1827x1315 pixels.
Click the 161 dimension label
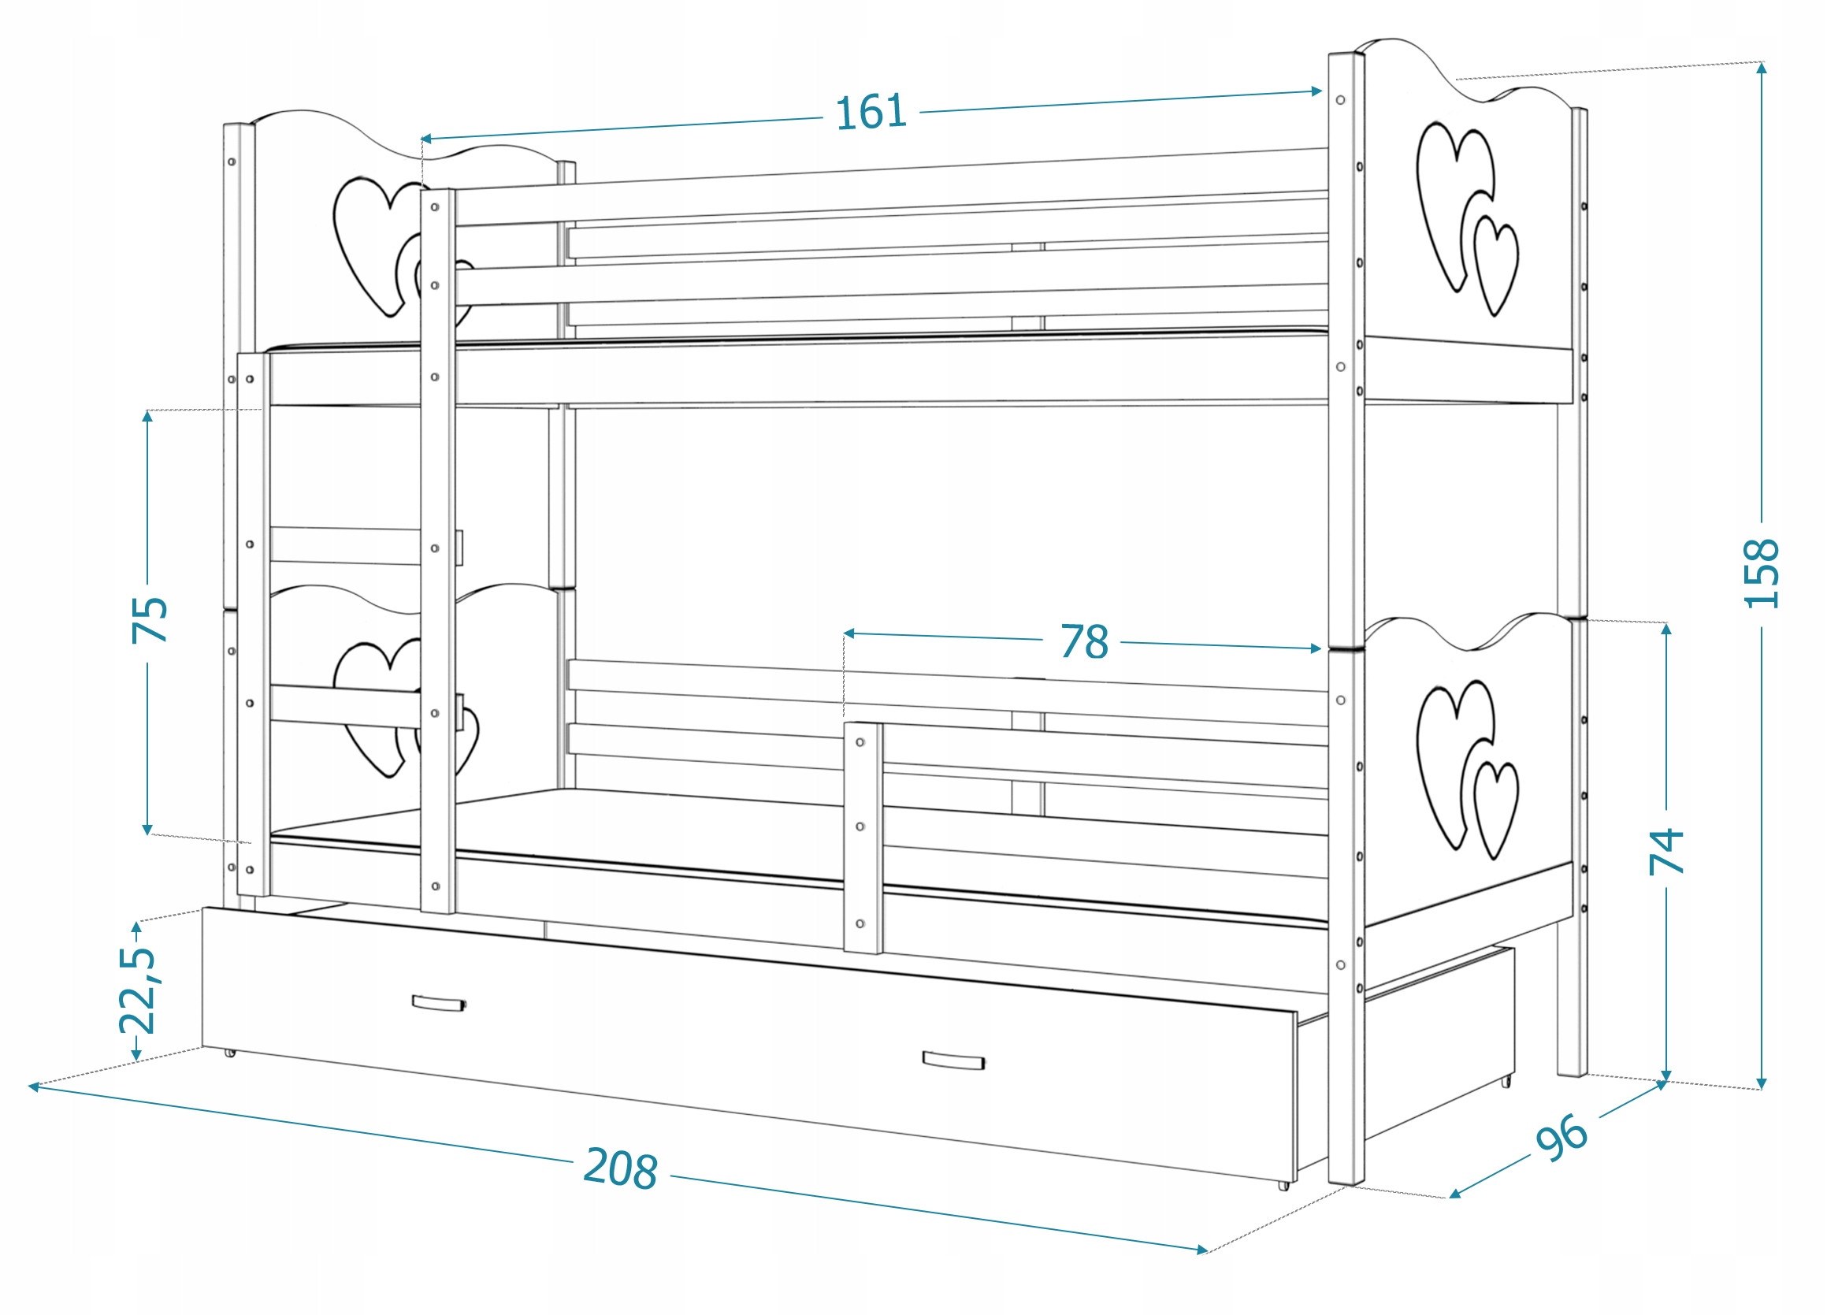click(x=871, y=112)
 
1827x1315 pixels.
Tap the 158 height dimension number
click(x=1761, y=573)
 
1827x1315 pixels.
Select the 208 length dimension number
click(x=620, y=1168)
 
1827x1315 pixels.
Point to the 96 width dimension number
click(x=1562, y=1137)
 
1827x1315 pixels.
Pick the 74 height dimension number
click(x=1666, y=851)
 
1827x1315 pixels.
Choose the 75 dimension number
click(x=149, y=619)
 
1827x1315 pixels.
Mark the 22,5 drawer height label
click(x=137, y=990)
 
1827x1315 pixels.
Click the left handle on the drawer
click(x=438, y=1002)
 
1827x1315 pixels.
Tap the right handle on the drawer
click(x=953, y=1061)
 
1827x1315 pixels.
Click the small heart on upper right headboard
click(x=1496, y=266)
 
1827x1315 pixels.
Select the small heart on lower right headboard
click(x=1496, y=810)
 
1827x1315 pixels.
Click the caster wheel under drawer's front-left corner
click(x=230, y=1053)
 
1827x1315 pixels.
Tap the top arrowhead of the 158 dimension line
click(x=1762, y=68)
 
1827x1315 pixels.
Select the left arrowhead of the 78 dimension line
click(x=849, y=634)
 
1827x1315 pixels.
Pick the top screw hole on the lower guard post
click(x=860, y=742)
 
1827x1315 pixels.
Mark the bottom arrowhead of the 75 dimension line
click(x=147, y=830)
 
